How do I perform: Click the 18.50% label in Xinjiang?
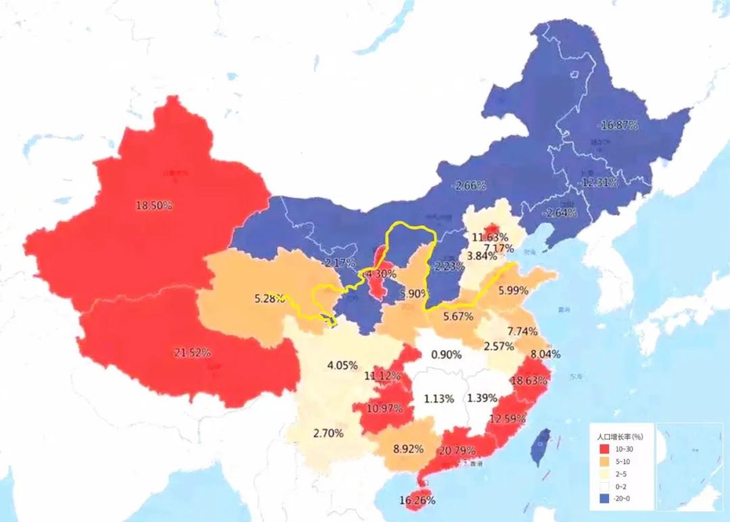[154, 206]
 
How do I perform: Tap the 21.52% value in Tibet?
[193, 352]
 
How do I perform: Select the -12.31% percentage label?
[598, 183]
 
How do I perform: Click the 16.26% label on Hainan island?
[417, 500]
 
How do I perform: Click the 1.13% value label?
[439, 398]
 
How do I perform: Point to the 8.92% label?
[408, 448]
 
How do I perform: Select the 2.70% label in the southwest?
[328, 433]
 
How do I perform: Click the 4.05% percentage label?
[342, 365]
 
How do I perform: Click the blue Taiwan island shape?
[539, 447]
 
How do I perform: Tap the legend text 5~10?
[623, 461]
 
